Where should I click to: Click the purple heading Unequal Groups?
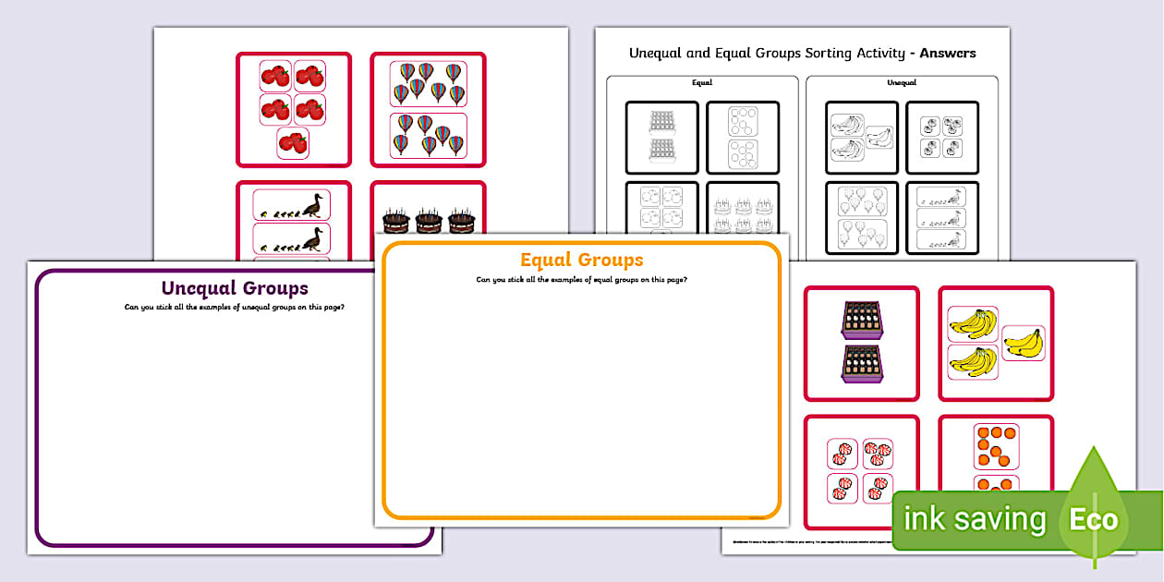tap(235, 288)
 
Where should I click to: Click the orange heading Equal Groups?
tap(581, 260)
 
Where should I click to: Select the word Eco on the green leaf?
tap(1094, 519)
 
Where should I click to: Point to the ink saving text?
tap(975, 519)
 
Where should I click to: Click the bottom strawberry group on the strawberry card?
tap(293, 143)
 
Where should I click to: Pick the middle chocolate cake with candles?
tap(428, 221)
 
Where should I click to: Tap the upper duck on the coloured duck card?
tap(312, 205)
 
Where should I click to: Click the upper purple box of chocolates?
tap(862, 320)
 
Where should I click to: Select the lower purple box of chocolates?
tap(862, 364)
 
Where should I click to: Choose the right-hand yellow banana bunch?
tap(1023, 343)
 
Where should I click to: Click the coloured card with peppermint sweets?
tap(862, 471)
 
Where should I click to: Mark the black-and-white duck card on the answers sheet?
tap(941, 218)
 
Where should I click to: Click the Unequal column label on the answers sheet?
tap(902, 83)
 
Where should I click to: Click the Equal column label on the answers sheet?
tap(702, 83)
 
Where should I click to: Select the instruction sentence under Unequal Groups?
tap(235, 308)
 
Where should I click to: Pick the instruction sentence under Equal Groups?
tap(581, 279)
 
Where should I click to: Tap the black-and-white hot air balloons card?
tap(862, 218)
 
